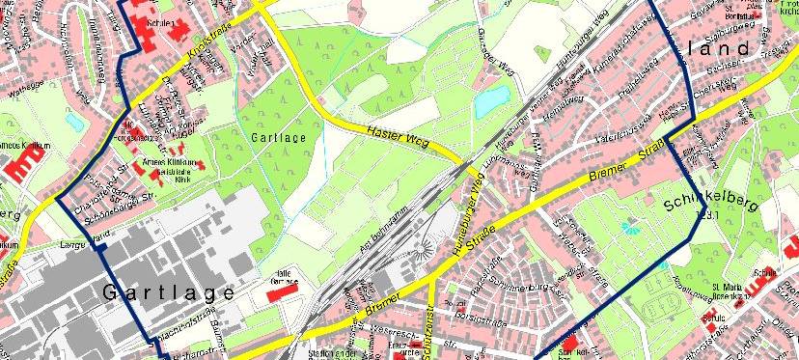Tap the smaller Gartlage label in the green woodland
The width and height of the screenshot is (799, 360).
[279, 139]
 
